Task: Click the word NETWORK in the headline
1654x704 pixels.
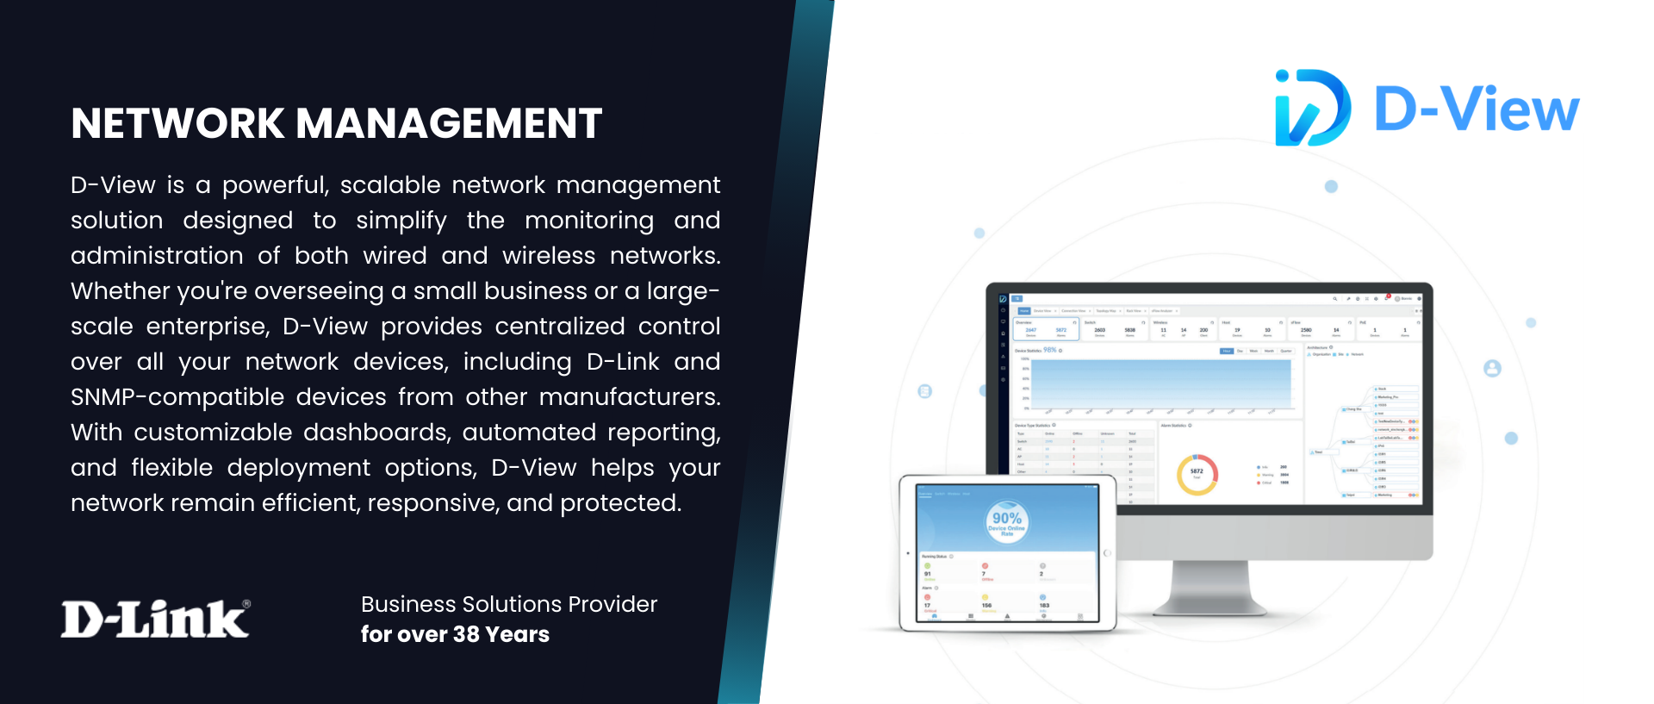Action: [177, 123]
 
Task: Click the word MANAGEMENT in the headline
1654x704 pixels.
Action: [449, 123]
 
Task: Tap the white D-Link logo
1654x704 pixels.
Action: [154, 619]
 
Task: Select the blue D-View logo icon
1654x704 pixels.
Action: [1311, 108]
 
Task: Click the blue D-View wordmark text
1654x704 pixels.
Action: [1477, 109]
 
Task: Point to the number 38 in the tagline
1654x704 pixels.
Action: [466, 635]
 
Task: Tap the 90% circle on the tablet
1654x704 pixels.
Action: [1006, 521]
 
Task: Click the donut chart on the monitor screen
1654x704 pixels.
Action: [1197, 474]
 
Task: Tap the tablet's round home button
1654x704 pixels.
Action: [1107, 553]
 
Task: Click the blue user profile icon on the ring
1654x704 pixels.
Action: [1492, 369]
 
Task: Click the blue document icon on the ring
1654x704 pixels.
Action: [924, 391]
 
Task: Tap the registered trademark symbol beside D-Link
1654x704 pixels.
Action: [246, 605]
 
